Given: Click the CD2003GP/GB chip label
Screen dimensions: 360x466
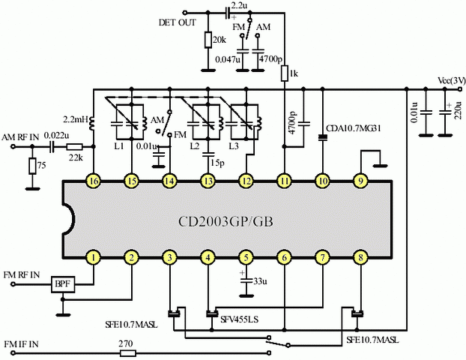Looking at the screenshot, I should pos(226,223).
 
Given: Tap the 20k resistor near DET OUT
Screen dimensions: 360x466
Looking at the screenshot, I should pos(207,40).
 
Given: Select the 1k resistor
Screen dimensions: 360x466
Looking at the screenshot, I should pos(284,73).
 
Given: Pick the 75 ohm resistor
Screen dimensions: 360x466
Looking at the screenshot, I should pos(31,166).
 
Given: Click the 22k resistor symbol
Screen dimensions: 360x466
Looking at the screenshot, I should pos(75,148).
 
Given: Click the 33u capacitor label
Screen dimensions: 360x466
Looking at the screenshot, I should pos(258,282).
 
